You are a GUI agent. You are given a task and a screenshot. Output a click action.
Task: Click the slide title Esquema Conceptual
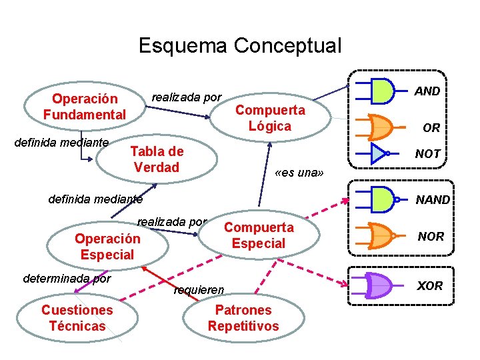(239, 45)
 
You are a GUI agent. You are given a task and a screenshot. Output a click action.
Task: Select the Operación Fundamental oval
(84, 107)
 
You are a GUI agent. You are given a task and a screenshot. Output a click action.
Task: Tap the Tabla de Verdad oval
(157, 159)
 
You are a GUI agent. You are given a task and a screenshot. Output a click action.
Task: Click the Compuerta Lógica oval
(270, 118)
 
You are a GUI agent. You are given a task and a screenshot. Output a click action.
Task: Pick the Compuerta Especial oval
(259, 235)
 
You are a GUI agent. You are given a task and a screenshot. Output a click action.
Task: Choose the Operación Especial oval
(107, 247)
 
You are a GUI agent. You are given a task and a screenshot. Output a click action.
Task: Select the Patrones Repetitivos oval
(243, 318)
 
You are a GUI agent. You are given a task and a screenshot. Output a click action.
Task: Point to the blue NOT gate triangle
(378, 153)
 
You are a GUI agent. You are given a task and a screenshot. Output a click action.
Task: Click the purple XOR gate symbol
(378, 285)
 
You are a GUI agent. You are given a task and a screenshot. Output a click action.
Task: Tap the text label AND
(427, 91)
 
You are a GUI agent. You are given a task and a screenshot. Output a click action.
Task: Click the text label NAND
(433, 199)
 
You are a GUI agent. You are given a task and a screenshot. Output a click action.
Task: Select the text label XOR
(430, 285)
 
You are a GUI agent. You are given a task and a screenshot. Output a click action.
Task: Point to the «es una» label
(299, 174)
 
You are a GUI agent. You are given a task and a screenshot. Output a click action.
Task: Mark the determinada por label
(67, 278)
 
